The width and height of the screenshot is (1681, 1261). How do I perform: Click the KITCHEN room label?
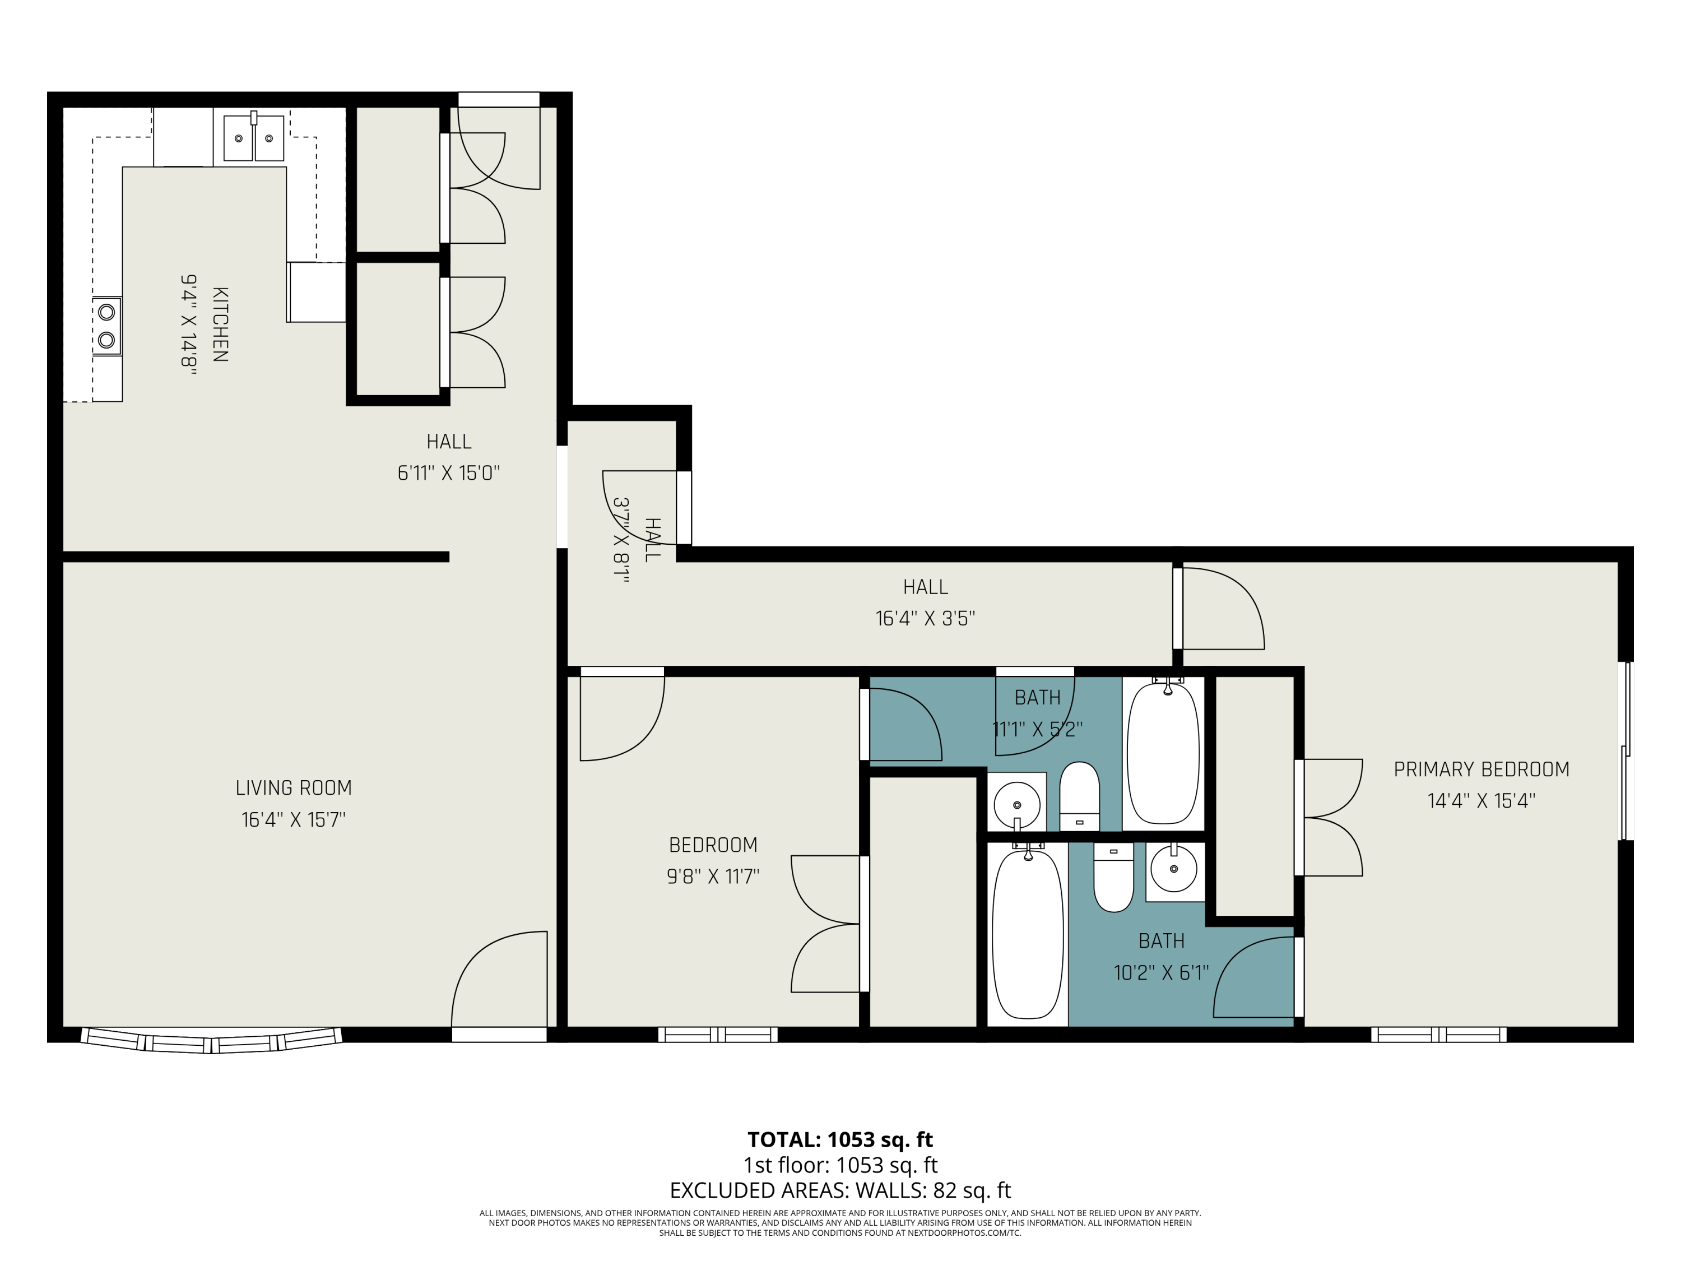pyautogui.click(x=220, y=324)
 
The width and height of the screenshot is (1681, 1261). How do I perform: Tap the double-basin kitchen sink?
pyautogui.click(x=254, y=137)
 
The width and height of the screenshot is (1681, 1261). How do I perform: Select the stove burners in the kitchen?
pyautogui.click(x=107, y=326)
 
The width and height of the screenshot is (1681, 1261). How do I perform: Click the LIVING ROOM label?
pyautogui.click(x=294, y=788)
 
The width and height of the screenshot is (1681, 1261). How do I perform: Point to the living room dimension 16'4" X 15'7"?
pyautogui.click(x=294, y=820)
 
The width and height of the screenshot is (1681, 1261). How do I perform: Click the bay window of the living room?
pyautogui.click(x=211, y=1040)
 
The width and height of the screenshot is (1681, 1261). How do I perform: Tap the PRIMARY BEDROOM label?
pyautogui.click(x=1481, y=769)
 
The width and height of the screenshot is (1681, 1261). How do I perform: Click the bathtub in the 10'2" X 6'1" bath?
pyautogui.click(x=1028, y=934)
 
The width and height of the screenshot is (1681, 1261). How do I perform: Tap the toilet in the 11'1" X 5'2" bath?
pyautogui.click(x=1079, y=796)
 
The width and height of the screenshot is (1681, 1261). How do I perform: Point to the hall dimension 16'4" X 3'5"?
pyautogui.click(x=925, y=619)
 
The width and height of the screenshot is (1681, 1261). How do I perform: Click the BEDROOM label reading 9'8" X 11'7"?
pyautogui.click(x=713, y=845)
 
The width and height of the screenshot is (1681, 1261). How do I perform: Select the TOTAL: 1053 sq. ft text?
pyautogui.click(x=840, y=1139)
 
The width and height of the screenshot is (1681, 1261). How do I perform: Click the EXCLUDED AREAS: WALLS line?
pyautogui.click(x=840, y=1190)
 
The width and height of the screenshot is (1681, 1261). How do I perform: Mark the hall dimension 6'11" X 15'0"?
pyautogui.click(x=448, y=474)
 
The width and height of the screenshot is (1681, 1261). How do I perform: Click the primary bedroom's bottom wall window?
pyautogui.click(x=1438, y=1035)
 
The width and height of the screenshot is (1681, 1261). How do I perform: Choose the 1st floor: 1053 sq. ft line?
pyautogui.click(x=840, y=1165)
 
